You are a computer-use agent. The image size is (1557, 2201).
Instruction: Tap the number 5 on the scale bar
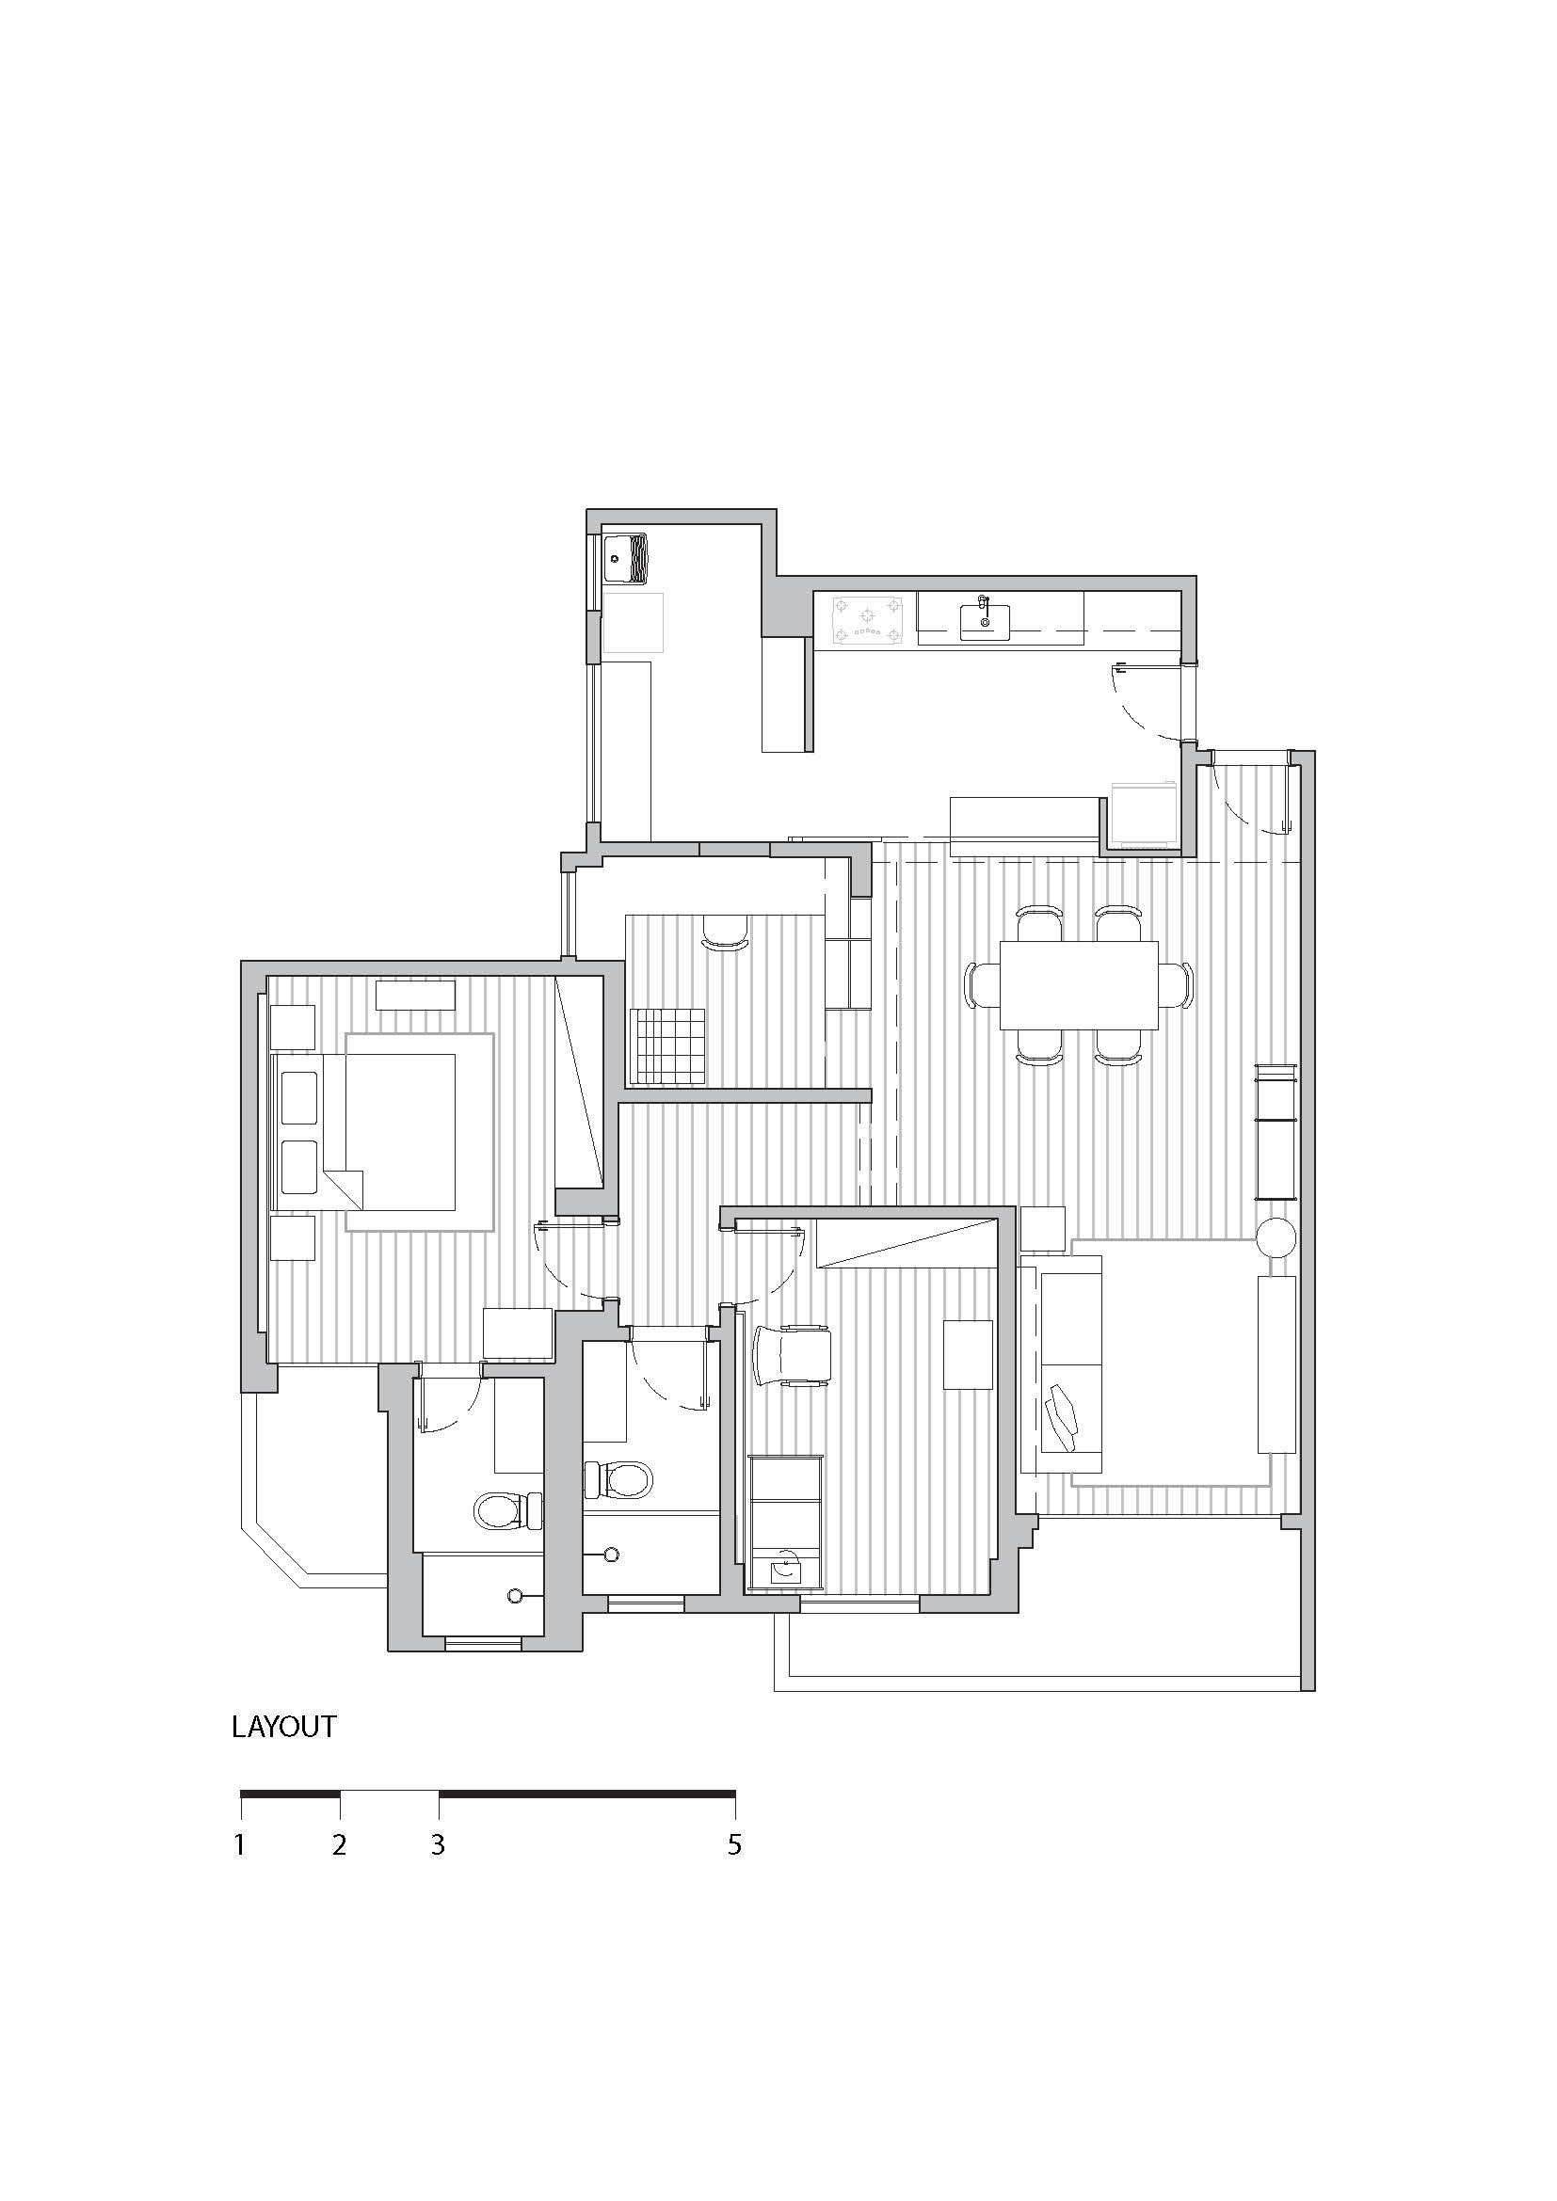pyautogui.click(x=734, y=1845)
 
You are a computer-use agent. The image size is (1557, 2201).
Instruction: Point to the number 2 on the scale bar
pyautogui.click(x=340, y=1845)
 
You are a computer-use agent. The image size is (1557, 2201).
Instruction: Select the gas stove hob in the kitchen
pyautogui.click(x=868, y=618)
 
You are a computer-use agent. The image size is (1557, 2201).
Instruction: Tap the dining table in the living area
pyautogui.click(x=1079, y=984)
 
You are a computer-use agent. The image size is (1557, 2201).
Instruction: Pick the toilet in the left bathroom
pyautogui.click(x=508, y=1512)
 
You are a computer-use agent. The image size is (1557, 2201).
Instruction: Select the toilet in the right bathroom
pyautogui.click(x=618, y=1479)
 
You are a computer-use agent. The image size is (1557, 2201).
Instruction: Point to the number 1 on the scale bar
pyautogui.click(x=240, y=1845)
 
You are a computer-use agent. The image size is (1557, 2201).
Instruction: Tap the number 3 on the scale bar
pyautogui.click(x=438, y=1845)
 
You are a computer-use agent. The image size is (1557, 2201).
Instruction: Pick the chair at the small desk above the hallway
pyautogui.click(x=726, y=932)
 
